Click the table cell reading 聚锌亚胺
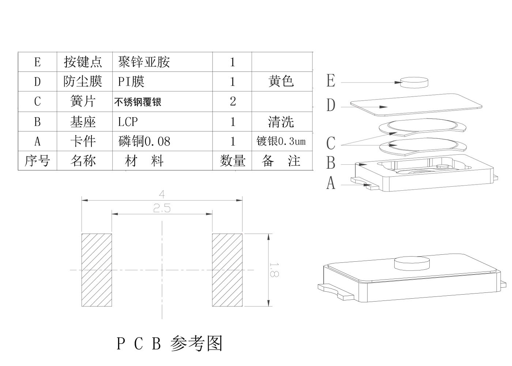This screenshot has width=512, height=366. pos(144,62)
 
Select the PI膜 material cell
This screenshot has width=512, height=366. pos(131,81)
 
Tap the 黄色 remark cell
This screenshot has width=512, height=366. pos(281,81)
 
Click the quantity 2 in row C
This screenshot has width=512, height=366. pos(233,101)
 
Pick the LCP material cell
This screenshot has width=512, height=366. pos(128,122)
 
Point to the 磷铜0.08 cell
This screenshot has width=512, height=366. pos(144,141)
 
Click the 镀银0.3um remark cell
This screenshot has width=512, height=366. pos(281,141)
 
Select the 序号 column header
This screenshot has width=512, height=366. pos(37,161)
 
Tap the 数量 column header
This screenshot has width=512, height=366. pos(233,161)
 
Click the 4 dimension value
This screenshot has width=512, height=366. pos(162,194)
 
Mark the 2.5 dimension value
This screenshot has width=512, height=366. pos(162,209)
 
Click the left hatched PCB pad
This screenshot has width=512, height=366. pos(97,270)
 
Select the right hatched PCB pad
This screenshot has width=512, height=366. pos(227,270)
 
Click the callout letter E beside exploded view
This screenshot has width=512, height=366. pos(331,81)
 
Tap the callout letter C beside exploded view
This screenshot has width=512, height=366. pos(331,143)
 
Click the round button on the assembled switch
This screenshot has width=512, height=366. pos(412,263)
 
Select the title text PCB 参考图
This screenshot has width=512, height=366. pos(169,343)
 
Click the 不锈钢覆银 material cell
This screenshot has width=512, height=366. pos(138,102)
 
